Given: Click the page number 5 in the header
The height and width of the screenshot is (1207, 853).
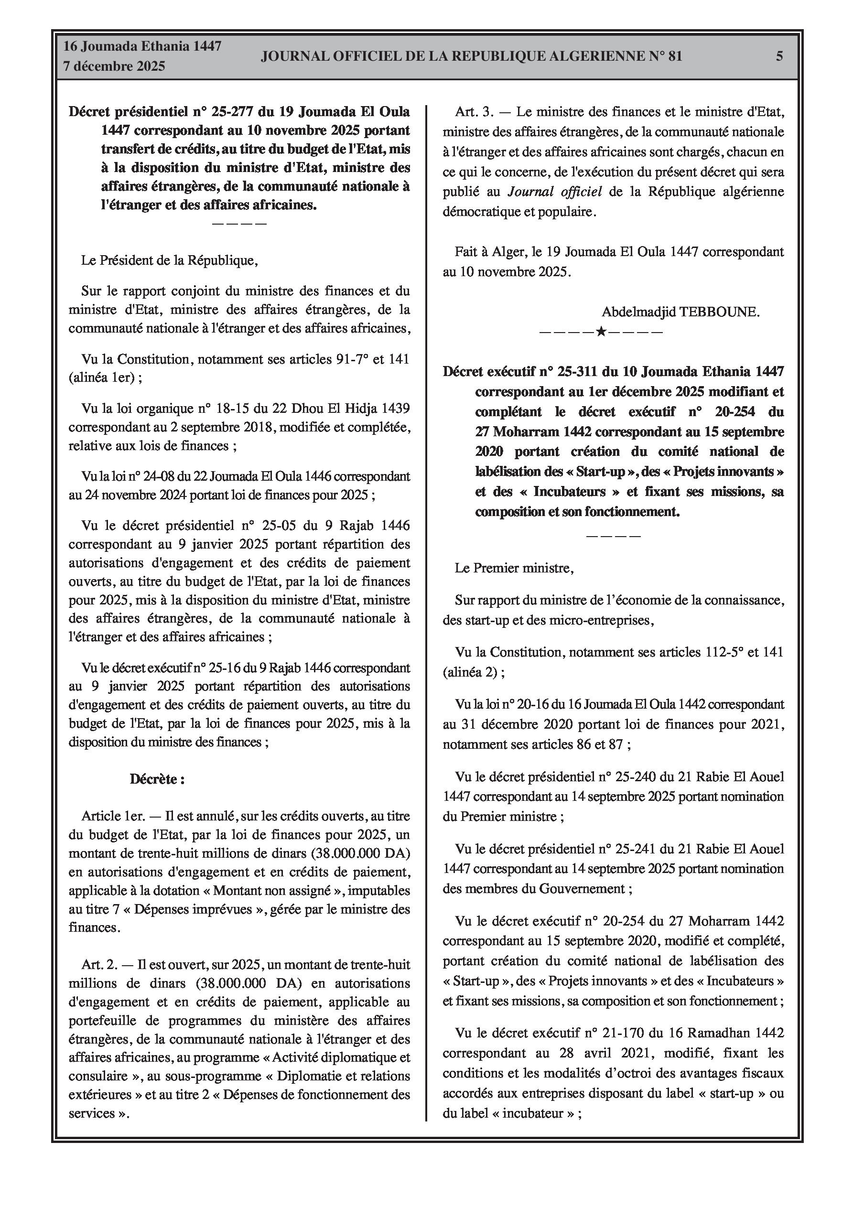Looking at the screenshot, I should click(779, 56).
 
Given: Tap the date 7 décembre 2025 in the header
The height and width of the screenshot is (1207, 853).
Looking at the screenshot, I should click(114, 67).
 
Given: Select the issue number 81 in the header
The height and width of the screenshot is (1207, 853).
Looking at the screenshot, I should click(675, 56).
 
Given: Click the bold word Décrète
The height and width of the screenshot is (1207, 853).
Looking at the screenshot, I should click(157, 779).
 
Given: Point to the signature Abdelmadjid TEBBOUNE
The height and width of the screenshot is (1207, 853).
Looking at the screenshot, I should click(680, 312).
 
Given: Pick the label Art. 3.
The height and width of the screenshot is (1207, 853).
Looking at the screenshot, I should click(475, 112).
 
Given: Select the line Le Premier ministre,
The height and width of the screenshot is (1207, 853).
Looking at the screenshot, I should click(514, 568).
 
